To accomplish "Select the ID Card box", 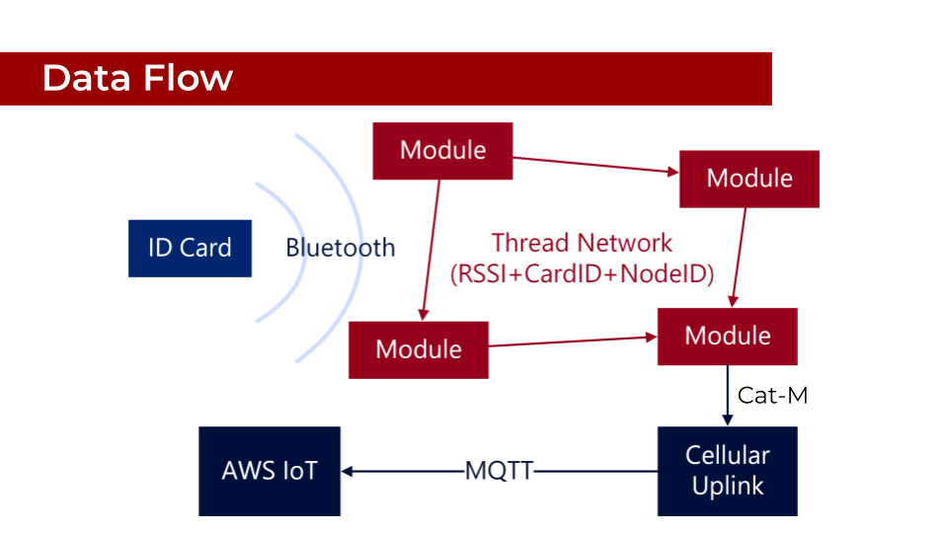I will click(190, 248).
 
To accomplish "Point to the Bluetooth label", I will click(340, 248).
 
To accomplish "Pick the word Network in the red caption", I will click(626, 243).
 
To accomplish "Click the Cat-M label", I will click(772, 396).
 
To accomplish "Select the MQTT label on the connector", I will click(499, 472).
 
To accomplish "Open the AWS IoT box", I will click(270, 471).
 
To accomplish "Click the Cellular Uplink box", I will click(727, 471).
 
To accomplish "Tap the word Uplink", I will click(728, 487).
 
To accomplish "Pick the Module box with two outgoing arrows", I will click(442, 151).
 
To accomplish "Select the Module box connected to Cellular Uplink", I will click(727, 336).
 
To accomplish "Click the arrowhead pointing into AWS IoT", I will click(347, 472).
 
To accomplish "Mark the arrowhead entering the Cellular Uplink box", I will click(727, 421).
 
